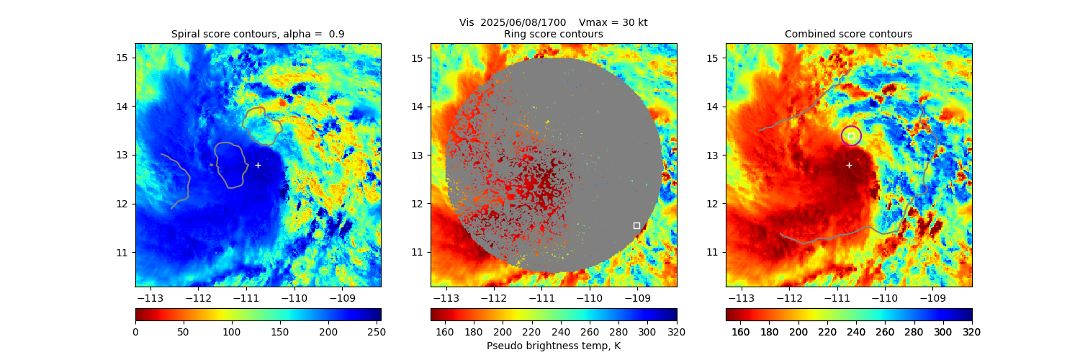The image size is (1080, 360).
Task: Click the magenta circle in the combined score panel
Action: point(851,135)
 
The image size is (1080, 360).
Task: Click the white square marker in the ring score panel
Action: point(636,225)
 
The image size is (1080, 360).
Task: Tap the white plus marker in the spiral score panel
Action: point(258,165)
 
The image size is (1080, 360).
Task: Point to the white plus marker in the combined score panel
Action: point(849,165)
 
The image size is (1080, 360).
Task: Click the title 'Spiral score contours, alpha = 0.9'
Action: point(258,34)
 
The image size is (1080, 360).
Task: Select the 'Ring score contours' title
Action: point(553,34)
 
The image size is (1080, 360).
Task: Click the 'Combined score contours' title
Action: point(848,34)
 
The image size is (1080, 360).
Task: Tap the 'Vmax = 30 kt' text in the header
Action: point(613,22)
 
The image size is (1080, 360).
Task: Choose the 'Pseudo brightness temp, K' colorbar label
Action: point(553,346)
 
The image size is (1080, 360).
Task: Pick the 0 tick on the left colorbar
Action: point(136,332)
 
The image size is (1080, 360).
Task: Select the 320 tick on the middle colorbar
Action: point(676,332)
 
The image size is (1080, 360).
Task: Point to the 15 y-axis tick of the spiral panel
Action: point(122,58)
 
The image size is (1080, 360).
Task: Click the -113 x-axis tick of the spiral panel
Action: point(150,297)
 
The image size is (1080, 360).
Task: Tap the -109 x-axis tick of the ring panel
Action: point(636,297)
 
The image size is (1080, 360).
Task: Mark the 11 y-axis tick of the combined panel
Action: point(713,253)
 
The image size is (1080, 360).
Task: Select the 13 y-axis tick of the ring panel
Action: point(418,155)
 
